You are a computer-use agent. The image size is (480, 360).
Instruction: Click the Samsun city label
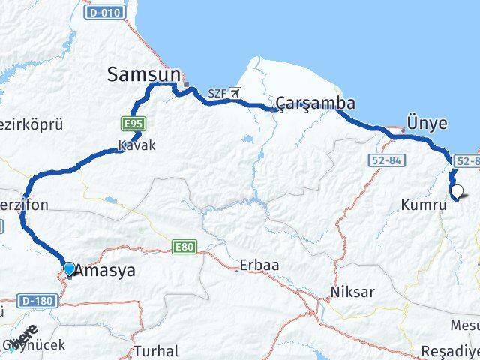[x=144, y=73]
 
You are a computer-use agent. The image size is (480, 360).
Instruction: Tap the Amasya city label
[x=105, y=271]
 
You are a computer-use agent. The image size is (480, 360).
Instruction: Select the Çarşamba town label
[x=315, y=103]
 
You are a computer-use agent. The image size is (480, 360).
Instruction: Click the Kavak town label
[x=136, y=145]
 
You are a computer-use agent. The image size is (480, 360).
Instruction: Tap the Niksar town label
[x=352, y=291]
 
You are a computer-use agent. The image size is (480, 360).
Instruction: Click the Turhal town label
[x=157, y=350]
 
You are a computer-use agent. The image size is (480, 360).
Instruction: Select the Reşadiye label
[x=449, y=350]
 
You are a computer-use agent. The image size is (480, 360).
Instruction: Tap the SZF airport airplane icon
[x=238, y=93]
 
